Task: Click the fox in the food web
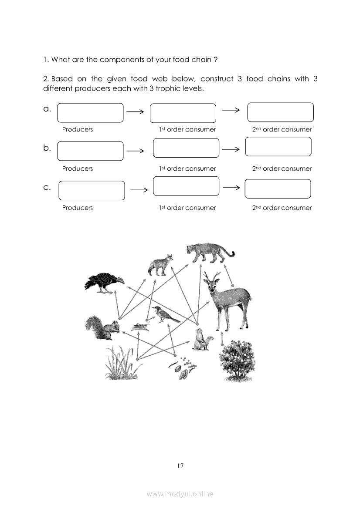tap(160, 265)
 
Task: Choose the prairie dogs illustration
tap(203, 340)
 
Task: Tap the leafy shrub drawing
tap(237, 360)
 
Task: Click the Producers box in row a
tap(90, 113)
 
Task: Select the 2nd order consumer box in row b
tap(278, 147)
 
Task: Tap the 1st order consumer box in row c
tap(186, 186)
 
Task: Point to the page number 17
tap(180, 466)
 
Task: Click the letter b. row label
tap(47, 148)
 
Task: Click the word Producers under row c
tap(78, 208)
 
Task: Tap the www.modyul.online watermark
tap(180, 494)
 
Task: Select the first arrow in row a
tap(135, 112)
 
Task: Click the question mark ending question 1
tap(216, 60)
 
